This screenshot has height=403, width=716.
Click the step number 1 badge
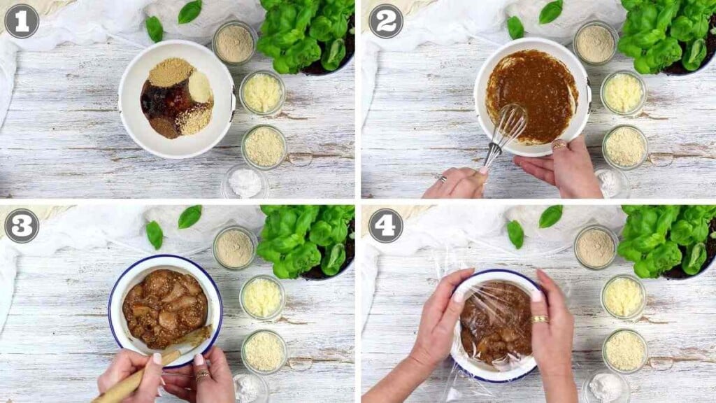coord(21,21)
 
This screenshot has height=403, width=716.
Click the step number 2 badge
coord(385,21)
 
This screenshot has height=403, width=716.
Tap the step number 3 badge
coord(21,225)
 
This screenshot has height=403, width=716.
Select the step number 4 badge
coord(385,225)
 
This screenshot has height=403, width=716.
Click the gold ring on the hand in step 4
coord(539,319)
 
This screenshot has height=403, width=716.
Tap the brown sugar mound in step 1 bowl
coord(170,72)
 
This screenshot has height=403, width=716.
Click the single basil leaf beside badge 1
coord(154,29)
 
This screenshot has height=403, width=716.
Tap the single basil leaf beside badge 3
coord(154,234)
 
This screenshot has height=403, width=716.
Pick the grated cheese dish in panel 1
coord(262,92)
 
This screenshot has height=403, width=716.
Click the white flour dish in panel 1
coord(245,183)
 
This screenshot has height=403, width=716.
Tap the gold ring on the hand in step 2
coord(559,145)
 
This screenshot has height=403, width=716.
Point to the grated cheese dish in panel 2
coord(623,92)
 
